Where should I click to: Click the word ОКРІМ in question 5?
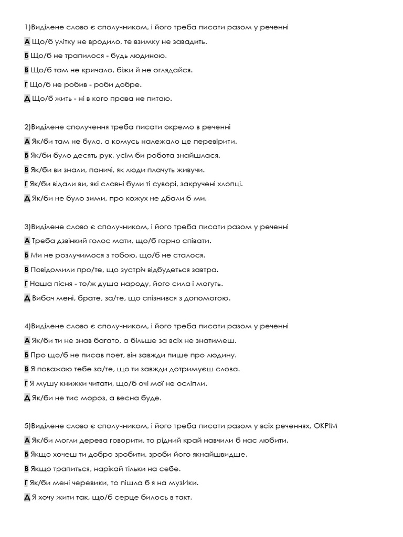[x=325, y=425]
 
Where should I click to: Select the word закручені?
[x=203, y=184]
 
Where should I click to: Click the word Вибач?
[x=44, y=298]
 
